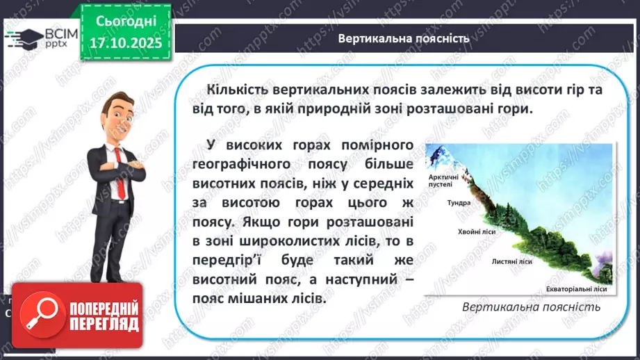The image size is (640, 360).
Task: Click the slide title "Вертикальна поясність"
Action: point(404,38)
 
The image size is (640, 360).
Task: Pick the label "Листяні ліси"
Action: point(511,262)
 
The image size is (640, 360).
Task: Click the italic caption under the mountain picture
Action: point(531,306)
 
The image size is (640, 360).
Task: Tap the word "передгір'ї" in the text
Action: point(229,260)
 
